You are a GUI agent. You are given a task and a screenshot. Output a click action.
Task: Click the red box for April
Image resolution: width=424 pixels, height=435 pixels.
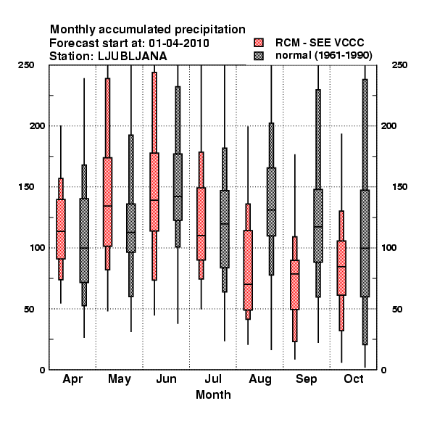pos(61,229)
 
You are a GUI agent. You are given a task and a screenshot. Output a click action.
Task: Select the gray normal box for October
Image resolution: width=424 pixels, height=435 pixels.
pos(365,244)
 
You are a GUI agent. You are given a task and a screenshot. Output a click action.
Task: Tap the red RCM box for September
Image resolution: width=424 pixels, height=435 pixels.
pos(295,285)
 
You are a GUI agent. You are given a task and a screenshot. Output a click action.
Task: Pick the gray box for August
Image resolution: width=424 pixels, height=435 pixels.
pos(271,202)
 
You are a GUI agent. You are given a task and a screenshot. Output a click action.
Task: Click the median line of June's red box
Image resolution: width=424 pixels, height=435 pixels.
pos(154,200)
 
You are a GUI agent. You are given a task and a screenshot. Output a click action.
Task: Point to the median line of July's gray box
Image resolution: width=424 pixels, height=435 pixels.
pos(225,223)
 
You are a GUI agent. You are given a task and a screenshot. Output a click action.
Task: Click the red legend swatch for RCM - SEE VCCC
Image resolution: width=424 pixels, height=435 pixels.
pos(259,43)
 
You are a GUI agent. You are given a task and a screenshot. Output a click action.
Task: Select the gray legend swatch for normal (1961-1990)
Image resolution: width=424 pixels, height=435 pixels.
pos(259,56)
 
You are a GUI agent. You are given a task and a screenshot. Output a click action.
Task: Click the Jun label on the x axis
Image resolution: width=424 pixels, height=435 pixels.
pos(167,378)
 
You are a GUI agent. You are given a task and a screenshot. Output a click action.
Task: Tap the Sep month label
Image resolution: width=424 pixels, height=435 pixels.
pos(306,379)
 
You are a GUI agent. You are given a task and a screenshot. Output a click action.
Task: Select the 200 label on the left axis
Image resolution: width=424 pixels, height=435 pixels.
pos(37,125)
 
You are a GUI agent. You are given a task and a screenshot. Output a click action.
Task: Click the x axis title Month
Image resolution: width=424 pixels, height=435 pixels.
pos(213,395)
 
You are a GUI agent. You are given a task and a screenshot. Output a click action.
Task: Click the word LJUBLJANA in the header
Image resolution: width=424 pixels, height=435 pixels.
pos(133,57)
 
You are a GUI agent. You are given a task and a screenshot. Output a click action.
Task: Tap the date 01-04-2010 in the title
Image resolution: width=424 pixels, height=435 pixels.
pos(179,43)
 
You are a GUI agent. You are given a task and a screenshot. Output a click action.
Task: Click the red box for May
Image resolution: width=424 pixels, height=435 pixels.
pos(107,202)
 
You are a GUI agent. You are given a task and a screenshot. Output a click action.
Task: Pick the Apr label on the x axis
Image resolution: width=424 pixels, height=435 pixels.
pos(72,379)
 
